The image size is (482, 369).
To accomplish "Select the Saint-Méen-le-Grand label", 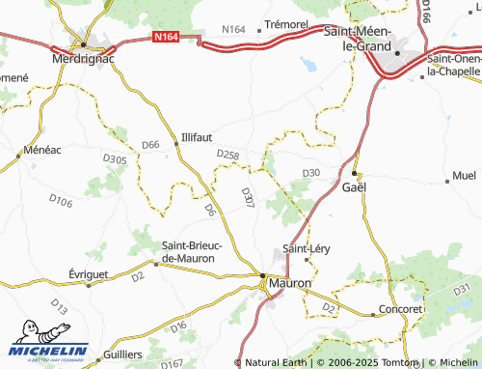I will pos(370,38).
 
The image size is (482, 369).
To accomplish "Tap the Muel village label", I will pos(464,178).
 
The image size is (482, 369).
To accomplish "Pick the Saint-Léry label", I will pos(307,248).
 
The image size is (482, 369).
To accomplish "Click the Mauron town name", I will pos(288,284).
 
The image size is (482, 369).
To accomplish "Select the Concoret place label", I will pos(401,309).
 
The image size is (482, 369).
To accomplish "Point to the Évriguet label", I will pos(98,273).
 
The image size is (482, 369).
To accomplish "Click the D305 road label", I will pos(114,158).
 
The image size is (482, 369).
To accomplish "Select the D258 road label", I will pos(228,154).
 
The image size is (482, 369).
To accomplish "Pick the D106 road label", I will pos(61,201).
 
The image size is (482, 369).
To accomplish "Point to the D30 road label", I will pos(310,173).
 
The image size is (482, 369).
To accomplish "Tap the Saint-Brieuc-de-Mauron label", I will pos(192,252).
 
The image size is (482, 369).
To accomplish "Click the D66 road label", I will pos(150,145).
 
